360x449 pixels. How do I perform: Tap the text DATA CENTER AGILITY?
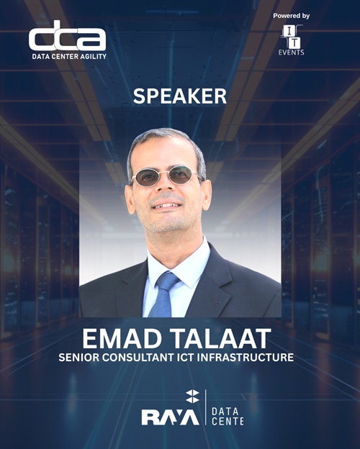(x=68, y=56)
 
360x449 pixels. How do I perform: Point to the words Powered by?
(x=292, y=15)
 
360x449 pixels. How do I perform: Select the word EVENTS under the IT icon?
(x=291, y=53)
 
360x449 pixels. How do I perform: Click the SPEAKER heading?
(x=180, y=96)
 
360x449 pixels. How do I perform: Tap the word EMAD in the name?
(x=120, y=336)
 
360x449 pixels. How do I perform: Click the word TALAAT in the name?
(x=224, y=336)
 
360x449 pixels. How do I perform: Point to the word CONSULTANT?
(x=150, y=357)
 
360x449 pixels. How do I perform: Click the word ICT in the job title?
(x=201, y=357)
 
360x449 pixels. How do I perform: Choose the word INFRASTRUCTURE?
(x=253, y=357)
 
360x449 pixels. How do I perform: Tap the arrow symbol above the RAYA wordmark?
(x=192, y=395)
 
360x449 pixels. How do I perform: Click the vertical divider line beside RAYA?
(x=206, y=408)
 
